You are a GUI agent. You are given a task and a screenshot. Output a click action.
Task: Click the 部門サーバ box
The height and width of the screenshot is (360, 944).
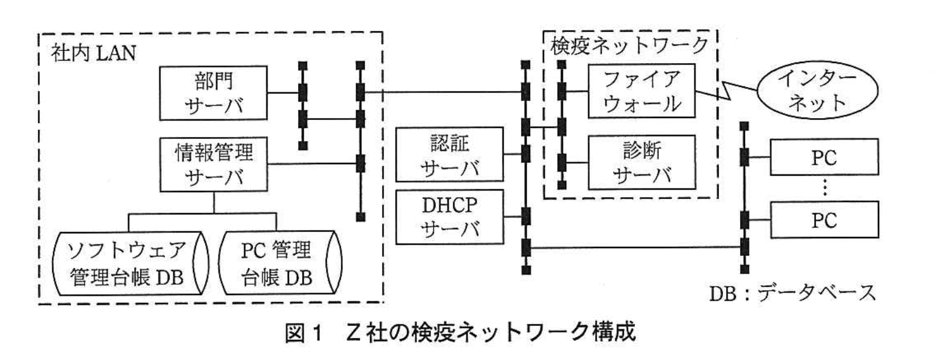point(214,94)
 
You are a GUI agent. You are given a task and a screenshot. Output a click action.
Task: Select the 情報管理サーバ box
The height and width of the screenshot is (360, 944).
point(214,163)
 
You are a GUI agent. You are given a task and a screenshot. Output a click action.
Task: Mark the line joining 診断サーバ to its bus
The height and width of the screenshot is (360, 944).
point(575,163)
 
